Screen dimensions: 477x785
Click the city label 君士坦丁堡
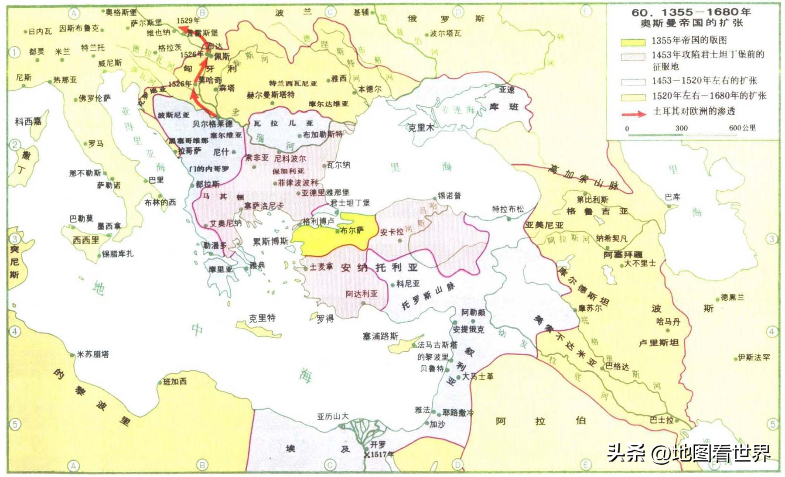350,202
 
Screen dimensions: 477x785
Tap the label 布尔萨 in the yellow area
352,230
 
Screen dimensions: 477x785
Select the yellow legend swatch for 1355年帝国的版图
633,42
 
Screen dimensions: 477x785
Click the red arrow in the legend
633,114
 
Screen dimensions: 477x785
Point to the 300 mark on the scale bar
681,128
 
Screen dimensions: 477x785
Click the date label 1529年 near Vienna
188,21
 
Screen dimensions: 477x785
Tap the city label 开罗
378,444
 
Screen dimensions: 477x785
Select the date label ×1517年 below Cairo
379,455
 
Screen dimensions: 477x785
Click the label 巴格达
617,366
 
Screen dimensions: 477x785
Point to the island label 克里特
262,318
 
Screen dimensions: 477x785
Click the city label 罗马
96,144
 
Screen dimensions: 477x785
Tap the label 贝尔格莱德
213,124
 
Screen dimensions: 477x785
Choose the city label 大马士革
478,376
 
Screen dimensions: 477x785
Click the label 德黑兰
732,297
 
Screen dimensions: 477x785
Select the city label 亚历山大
333,416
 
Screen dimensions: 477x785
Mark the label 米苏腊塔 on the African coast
93,354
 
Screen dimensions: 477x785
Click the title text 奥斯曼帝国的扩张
691,23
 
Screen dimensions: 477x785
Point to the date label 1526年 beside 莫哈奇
180,84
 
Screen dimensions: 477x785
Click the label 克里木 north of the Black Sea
421,127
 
